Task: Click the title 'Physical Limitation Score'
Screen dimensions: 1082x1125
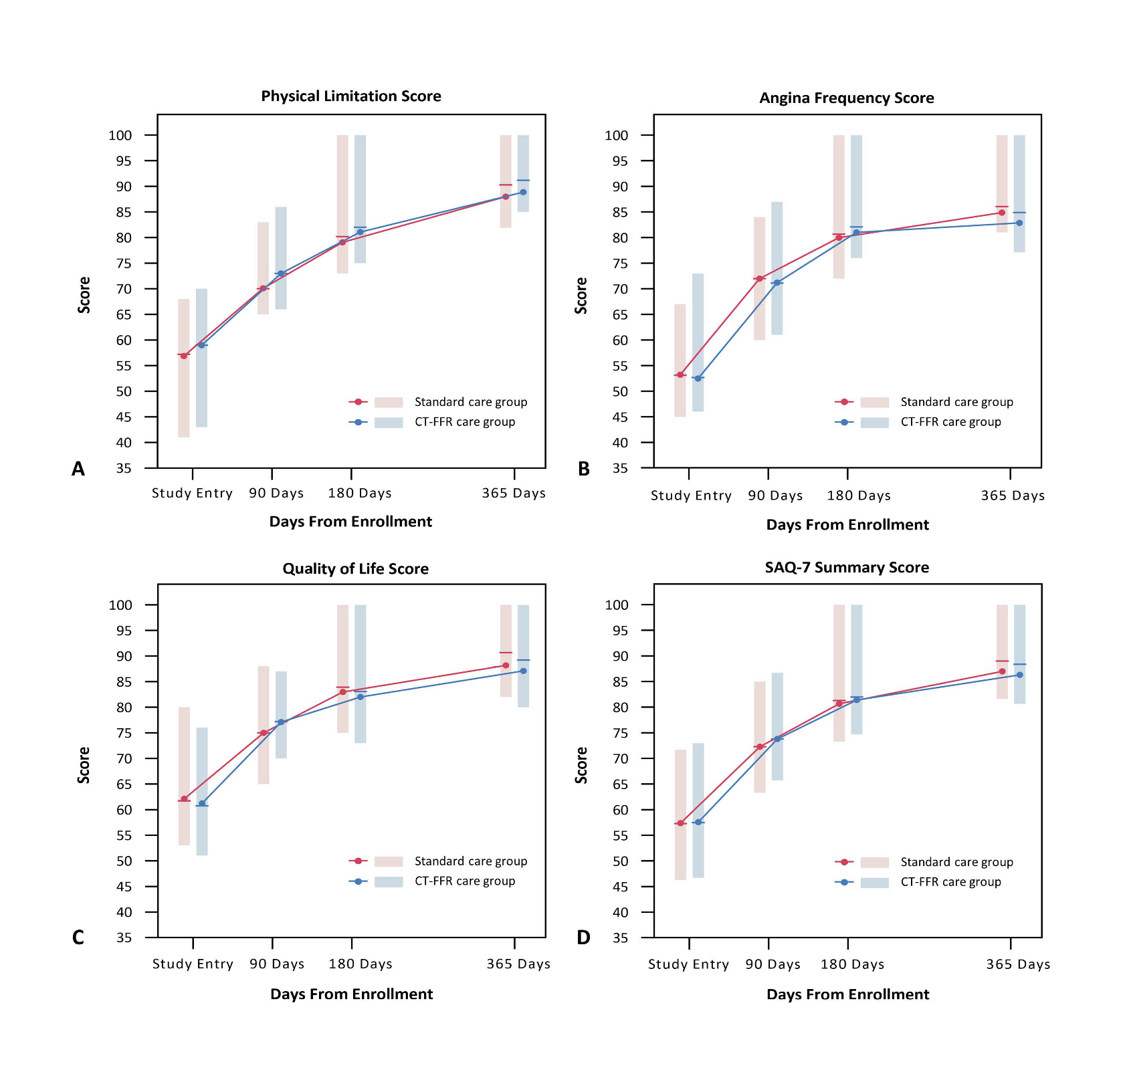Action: click(x=351, y=96)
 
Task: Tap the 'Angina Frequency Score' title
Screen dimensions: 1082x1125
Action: click(x=847, y=98)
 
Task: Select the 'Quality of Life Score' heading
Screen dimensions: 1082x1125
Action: click(x=355, y=569)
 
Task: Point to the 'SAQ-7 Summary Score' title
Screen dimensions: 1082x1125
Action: click(x=847, y=568)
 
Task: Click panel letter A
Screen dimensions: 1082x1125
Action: click(x=78, y=469)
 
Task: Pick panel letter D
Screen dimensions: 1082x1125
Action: click(x=583, y=938)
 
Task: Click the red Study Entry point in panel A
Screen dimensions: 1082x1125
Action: click(x=184, y=356)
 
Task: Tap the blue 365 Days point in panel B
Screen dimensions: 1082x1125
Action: click(x=1019, y=223)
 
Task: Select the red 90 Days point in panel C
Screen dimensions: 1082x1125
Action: click(x=264, y=733)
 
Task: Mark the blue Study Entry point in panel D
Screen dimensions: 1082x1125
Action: click(x=698, y=822)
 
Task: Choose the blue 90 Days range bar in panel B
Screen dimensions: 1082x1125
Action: click(x=777, y=267)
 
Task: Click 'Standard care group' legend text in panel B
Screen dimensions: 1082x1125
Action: click(x=956, y=402)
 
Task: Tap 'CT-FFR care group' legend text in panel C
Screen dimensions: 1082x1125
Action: click(x=465, y=881)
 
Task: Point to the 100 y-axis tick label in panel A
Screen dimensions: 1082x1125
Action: click(x=120, y=136)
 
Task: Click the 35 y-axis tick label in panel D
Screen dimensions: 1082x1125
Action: click(x=620, y=938)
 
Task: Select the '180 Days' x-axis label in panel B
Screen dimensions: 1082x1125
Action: click(x=859, y=496)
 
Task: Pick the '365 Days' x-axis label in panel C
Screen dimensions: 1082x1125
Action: click(x=518, y=964)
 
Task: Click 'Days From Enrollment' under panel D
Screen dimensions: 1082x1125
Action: click(x=847, y=994)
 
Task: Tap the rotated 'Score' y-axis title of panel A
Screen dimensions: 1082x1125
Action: click(x=84, y=295)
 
